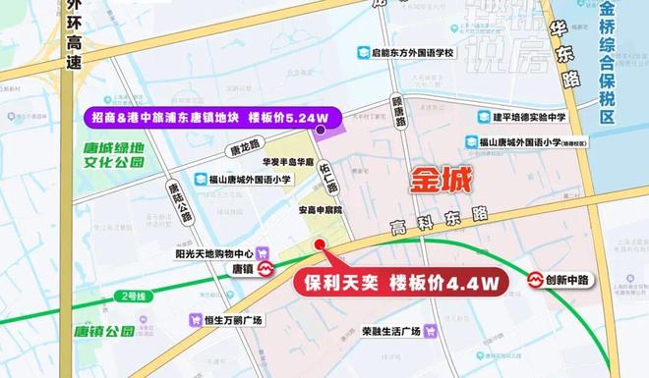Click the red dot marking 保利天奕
[318, 245]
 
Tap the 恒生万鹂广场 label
[232, 319]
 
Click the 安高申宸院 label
[313, 210]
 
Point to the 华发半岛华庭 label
[286, 162]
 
